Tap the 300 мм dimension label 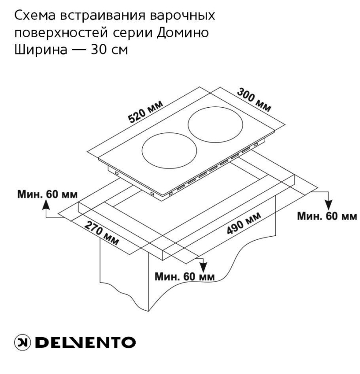(254, 100)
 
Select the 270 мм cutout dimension (102, 233)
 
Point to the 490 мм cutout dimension (243, 223)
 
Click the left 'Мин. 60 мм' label (47, 195)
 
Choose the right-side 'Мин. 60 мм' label (327, 216)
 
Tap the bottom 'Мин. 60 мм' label (184, 277)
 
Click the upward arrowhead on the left (46, 205)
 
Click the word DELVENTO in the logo (86, 343)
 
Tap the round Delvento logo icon (22, 343)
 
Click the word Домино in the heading (183, 33)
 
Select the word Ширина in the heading (41, 50)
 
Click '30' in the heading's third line (98, 50)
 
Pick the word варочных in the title (183, 16)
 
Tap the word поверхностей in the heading (61, 33)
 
